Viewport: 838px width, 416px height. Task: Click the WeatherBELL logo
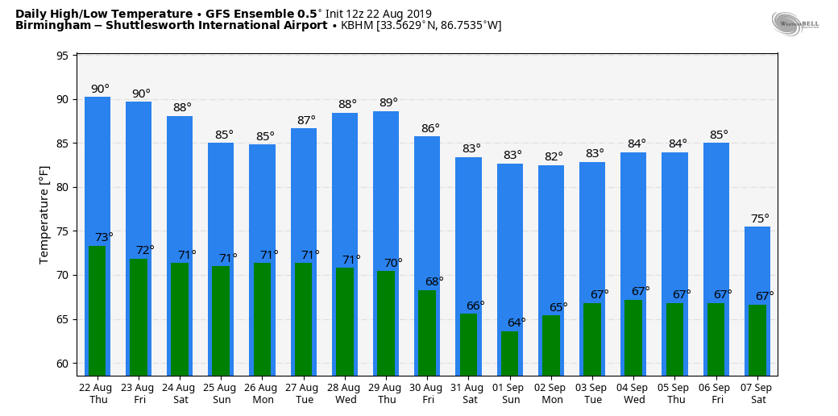point(794,23)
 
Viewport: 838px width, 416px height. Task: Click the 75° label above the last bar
point(760,218)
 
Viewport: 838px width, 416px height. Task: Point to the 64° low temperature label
point(516,322)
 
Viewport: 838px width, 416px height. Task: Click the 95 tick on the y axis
point(62,56)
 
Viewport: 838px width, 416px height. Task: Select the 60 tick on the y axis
point(62,364)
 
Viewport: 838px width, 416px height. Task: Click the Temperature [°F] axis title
point(44,215)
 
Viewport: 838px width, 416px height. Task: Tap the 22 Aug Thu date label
point(98,393)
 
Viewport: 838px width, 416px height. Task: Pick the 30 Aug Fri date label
point(428,393)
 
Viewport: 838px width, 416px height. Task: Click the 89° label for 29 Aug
point(388,102)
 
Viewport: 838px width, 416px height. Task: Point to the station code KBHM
point(357,26)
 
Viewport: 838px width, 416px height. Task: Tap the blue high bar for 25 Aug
point(221,202)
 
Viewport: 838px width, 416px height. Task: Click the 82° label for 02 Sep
point(554,156)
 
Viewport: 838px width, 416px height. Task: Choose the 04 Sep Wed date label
point(633,393)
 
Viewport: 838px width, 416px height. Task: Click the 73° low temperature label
point(104,237)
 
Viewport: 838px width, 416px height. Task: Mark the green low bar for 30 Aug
point(427,332)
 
